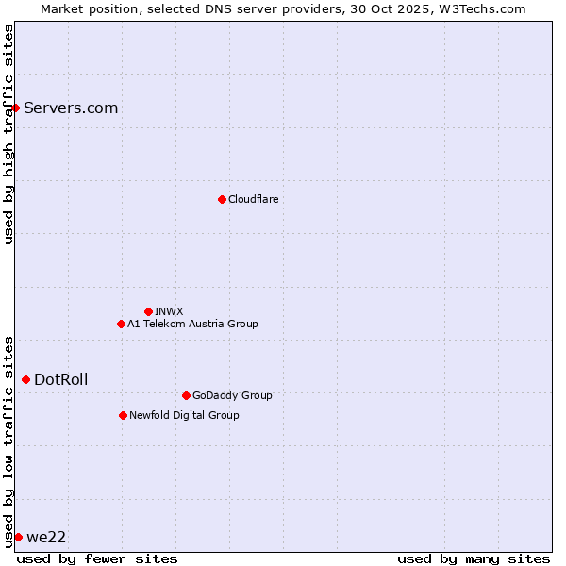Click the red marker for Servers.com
(15, 108)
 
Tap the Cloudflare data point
(222, 199)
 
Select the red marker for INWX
(148, 311)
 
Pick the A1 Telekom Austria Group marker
(121, 324)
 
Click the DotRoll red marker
(25, 379)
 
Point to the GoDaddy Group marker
(186, 395)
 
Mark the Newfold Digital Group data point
(123, 415)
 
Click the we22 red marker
(18, 537)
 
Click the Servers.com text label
(71, 108)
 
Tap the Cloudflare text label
(254, 199)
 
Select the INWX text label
(170, 311)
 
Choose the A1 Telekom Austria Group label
(192, 324)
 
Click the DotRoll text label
(61, 379)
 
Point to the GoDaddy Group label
(232, 395)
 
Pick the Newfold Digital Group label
(184, 415)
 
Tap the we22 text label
(46, 537)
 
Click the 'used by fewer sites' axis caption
(97, 558)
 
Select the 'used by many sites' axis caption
(474, 558)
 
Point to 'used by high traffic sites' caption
(9, 134)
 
